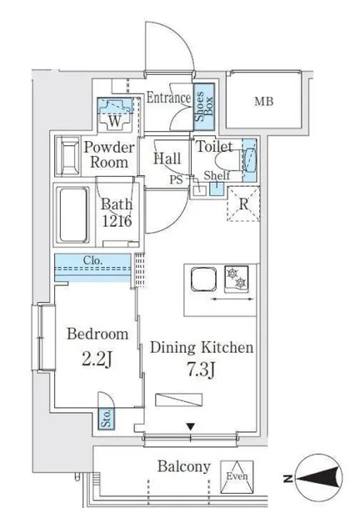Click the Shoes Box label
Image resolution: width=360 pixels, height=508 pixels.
tap(204, 107)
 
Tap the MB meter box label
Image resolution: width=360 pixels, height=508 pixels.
tap(264, 102)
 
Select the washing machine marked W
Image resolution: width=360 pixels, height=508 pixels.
tap(115, 114)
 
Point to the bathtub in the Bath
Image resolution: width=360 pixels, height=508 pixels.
tap(73, 214)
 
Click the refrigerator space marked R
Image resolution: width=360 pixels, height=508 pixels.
tap(244, 204)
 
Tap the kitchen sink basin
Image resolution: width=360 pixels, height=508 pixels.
tap(203, 279)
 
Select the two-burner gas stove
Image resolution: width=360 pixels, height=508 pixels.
tap(237, 278)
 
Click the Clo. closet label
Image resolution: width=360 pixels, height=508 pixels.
tap(92, 260)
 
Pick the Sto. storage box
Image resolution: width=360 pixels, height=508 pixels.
tap(107, 418)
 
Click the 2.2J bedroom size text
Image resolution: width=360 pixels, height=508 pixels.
tap(97, 360)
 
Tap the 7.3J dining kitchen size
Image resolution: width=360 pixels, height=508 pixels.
tap(201, 370)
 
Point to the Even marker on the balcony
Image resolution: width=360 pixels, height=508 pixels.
tap(237, 476)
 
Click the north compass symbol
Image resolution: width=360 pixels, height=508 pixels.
tap(318, 477)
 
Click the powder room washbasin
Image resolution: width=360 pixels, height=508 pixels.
tap(68, 157)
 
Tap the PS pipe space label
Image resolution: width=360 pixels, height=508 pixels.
tap(176, 179)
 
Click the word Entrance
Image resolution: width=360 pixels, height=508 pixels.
tap(168, 98)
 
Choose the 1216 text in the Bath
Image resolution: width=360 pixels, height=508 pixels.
tap(117, 221)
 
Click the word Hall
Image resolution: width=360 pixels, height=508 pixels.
tap(167, 158)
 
